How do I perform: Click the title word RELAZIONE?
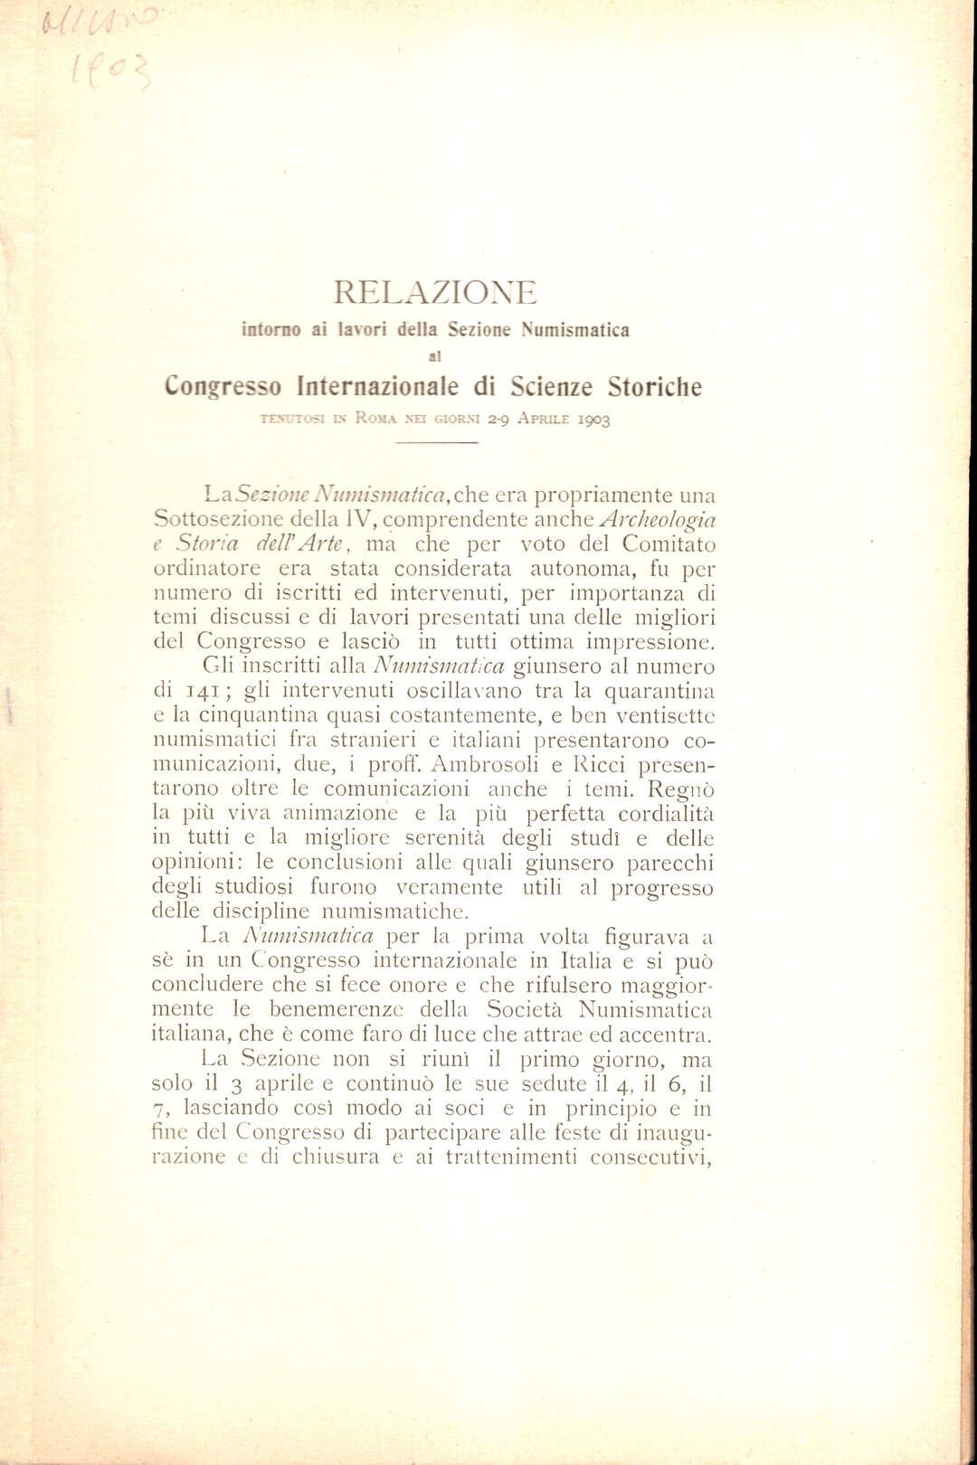(x=434, y=292)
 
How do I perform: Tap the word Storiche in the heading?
(x=654, y=387)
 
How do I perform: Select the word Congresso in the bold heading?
(x=223, y=387)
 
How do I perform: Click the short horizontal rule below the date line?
(x=436, y=442)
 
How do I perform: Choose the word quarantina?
(x=659, y=692)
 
